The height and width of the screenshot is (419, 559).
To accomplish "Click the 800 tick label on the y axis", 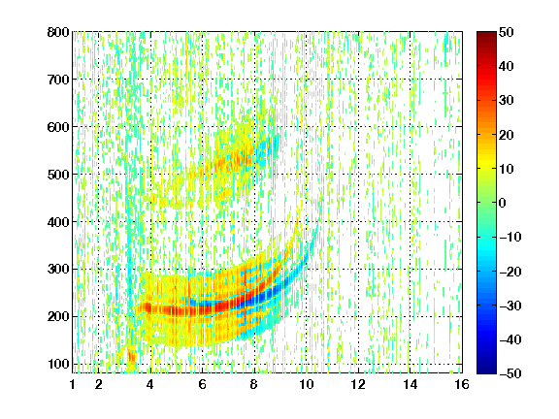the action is (58, 32).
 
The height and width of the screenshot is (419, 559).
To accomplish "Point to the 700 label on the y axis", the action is (58, 80).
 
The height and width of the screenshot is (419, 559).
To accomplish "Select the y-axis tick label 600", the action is (58, 127).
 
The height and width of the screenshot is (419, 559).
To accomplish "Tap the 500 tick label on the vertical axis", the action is (58, 175).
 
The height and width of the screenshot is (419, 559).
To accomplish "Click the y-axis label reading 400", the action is (58, 222).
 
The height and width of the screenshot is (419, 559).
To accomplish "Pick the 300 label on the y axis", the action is (58, 270).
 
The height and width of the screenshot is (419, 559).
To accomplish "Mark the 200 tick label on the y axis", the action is (58, 317).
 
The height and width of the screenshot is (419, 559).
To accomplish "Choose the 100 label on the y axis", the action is (58, 364).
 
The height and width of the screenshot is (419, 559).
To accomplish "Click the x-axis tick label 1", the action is (73, 384).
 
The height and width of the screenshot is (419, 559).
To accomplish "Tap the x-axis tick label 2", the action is (99, 384).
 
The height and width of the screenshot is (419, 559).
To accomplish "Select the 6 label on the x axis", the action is (203, 384).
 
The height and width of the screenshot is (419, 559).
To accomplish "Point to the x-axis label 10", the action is (307, 384).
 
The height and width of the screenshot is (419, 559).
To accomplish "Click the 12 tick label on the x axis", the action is (358, 384).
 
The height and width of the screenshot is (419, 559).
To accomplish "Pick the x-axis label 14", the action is (410, 384).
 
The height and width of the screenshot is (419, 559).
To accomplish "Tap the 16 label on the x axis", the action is (462, 384).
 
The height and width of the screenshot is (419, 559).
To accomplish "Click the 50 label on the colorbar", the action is (506, 32).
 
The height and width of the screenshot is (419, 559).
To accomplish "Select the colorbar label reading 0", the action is (503, 203).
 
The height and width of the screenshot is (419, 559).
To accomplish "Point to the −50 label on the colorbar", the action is (510, 373).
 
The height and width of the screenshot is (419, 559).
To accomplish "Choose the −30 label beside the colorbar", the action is (510, 306).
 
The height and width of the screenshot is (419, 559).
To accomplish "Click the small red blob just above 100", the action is (132, 355).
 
